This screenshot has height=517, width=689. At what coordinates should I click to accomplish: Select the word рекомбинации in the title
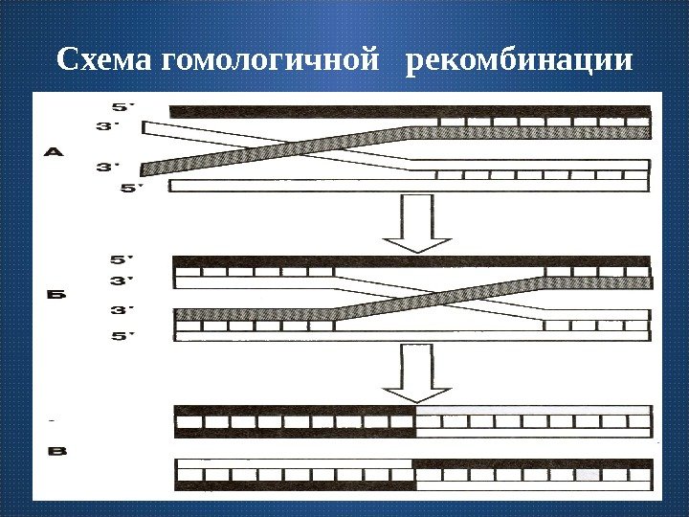point(520,61)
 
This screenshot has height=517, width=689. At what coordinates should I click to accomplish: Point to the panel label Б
point(57,296)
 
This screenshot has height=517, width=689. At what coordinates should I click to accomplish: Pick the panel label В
point(56,451)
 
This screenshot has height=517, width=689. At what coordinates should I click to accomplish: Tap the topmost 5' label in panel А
point(122,105)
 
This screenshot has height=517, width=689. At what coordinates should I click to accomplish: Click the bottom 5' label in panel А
point(128,188)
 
